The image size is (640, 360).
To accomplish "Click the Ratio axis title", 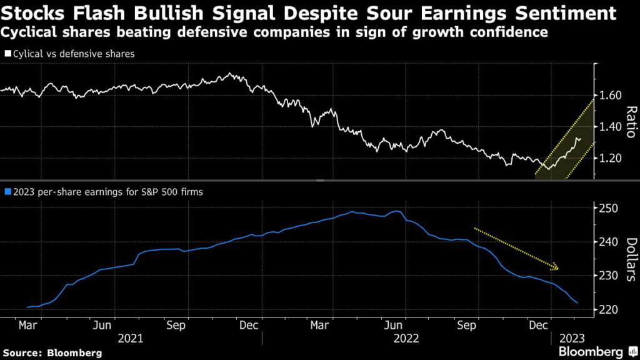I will point(630,122).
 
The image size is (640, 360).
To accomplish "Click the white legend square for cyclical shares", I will point(7,54).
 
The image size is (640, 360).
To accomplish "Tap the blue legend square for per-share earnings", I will point(7,192).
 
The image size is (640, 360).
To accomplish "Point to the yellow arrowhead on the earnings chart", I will point(555,267).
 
